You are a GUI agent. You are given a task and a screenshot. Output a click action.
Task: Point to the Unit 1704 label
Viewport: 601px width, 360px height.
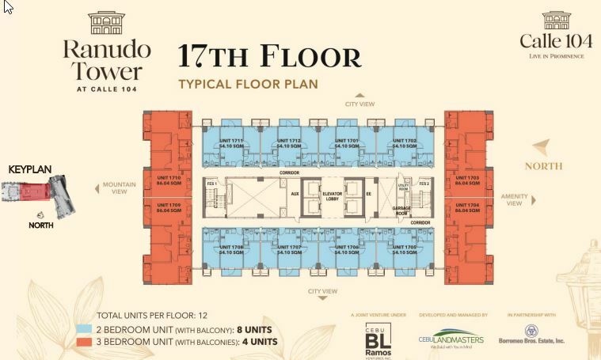click(x=466, y=206)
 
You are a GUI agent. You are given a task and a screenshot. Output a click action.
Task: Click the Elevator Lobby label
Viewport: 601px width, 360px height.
click(x=332, y=197)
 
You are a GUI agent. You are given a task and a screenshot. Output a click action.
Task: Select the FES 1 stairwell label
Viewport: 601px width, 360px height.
click(x=212, y=184)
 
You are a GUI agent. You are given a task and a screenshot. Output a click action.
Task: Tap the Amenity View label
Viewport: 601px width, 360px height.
click(x=515, y=199)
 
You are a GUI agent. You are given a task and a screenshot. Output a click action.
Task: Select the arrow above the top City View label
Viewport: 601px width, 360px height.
click(x=359, y=93)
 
